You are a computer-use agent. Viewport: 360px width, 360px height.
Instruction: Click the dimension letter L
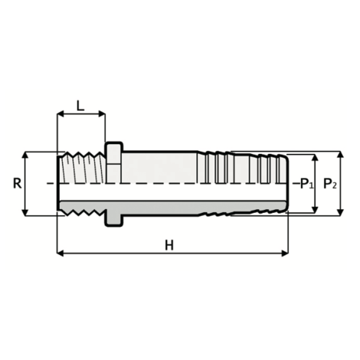80,106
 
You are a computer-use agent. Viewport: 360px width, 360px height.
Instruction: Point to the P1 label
306,185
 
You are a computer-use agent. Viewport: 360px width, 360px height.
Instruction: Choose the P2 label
329,185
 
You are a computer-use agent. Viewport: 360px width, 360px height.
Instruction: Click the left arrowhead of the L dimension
61,116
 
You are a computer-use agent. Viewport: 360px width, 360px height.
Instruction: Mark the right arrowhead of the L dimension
103,116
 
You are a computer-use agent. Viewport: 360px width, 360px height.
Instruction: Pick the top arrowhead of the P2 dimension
340,154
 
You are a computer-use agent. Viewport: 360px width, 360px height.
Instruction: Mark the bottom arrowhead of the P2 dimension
340,214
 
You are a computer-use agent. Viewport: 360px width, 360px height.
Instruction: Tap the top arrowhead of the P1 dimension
316,159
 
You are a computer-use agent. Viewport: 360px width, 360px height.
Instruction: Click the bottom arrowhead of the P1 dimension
316,210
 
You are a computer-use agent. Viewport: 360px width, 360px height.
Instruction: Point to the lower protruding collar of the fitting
113,219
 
